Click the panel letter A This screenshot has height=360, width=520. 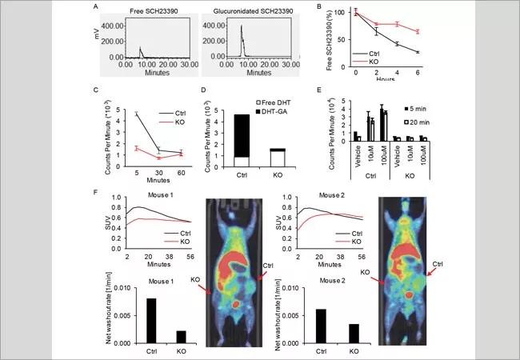[x=97, y=8]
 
